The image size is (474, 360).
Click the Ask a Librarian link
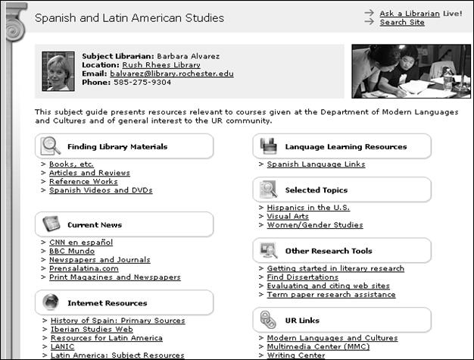(x=409, y=13)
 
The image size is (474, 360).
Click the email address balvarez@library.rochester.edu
(x=171, y=74)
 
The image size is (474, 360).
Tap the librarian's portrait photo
(x=58, y=71)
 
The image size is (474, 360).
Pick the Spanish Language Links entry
(x=316, y=164)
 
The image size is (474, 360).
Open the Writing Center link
(x=297, y=355)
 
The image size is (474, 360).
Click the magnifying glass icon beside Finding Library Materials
(x=51, y=146)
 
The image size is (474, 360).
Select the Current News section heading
(x=94, y=224)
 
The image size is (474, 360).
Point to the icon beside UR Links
(x=269, y=319)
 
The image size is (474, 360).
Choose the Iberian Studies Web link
(x=91, y=329)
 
